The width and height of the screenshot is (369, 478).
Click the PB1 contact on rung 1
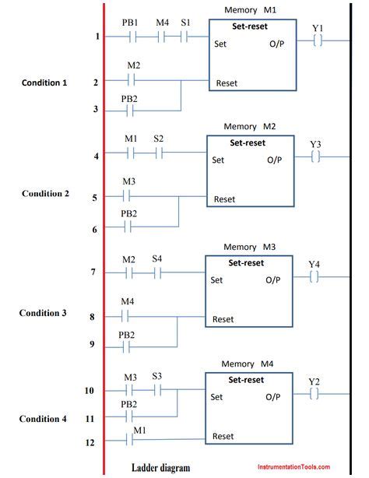132,37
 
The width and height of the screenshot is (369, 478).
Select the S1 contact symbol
184,37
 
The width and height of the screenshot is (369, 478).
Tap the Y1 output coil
318,40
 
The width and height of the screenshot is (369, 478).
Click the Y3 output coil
315,157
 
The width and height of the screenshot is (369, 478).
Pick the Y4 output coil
314,277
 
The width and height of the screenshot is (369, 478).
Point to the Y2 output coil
314,394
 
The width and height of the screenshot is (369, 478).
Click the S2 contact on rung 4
159,153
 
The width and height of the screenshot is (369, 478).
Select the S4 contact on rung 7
157,272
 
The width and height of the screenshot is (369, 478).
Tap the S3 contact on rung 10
157,390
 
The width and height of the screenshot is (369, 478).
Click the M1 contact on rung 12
129,440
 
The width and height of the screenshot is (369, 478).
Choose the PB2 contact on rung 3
130,111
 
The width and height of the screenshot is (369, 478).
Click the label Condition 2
45,194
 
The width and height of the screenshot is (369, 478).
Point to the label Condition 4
43,419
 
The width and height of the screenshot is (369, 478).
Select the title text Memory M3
249,247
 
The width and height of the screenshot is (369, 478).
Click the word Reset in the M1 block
227,83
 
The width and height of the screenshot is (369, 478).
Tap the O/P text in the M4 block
273,397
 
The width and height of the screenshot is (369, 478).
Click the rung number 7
93,272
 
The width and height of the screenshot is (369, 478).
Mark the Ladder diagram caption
160,468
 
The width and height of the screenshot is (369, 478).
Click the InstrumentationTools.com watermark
293,467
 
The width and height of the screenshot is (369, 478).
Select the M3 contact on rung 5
126,196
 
